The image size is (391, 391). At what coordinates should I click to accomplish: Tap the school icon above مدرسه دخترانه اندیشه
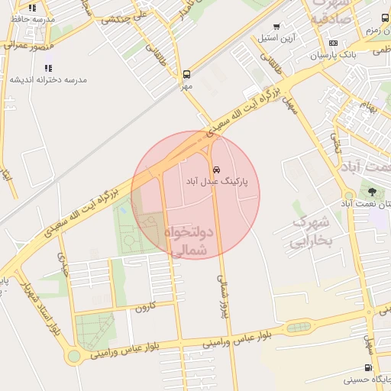pyautogui.click(x=48, y=68)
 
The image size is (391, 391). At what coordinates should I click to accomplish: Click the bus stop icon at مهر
pyautogui.click(x=187, y=75)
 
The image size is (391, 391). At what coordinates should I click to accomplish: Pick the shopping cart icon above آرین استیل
pyautogui.click(x=276, y=26)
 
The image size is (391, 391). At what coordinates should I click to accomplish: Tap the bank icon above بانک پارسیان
pyautogui.click(x=332, y=43)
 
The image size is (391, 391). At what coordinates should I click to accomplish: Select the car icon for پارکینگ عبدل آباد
pyautogui.click(x=216, y=169)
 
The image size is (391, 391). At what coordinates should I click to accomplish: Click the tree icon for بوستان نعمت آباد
pyautogui.click(x=372, y=192)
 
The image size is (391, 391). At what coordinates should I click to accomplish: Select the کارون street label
pyautogui.click(x=145, y=307)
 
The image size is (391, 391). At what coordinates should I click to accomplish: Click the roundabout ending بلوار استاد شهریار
pyautogui.click(x=73, y=356)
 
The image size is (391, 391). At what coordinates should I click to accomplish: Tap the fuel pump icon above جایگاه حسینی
pyautogui.click(x=369, y=367)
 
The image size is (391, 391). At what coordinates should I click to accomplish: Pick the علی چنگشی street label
pyautogui.click(x=130, y=17)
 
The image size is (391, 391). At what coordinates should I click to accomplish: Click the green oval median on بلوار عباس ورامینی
pyautogui.click(x=299, y=328)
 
